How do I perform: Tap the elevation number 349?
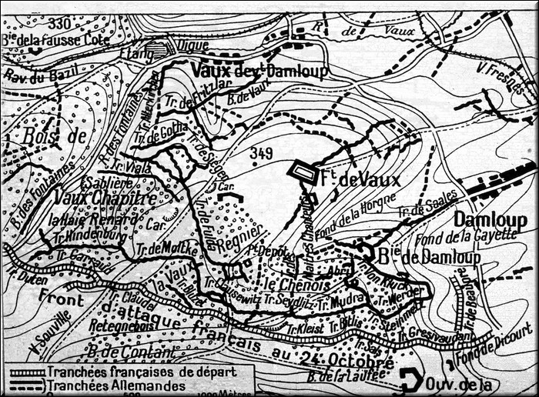pos(261,155)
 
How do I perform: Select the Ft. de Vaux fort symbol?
pos(303,173)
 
